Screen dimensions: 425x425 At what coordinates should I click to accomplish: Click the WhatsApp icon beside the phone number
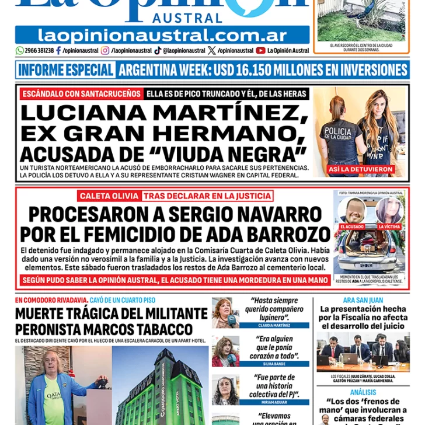[19, 51]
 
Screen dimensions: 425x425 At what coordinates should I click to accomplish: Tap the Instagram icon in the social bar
[105, 51]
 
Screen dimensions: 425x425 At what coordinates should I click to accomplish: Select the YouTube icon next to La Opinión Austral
[260, 51]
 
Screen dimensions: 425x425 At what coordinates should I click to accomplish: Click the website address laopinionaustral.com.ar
[162, 35]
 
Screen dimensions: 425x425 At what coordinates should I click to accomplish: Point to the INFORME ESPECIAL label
[65, 70]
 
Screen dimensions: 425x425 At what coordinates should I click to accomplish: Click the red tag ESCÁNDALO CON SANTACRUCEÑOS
[82, 93]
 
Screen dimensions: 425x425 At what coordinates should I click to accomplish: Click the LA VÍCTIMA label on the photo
[389, 226]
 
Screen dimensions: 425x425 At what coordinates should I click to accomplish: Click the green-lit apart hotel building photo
[160, 385]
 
